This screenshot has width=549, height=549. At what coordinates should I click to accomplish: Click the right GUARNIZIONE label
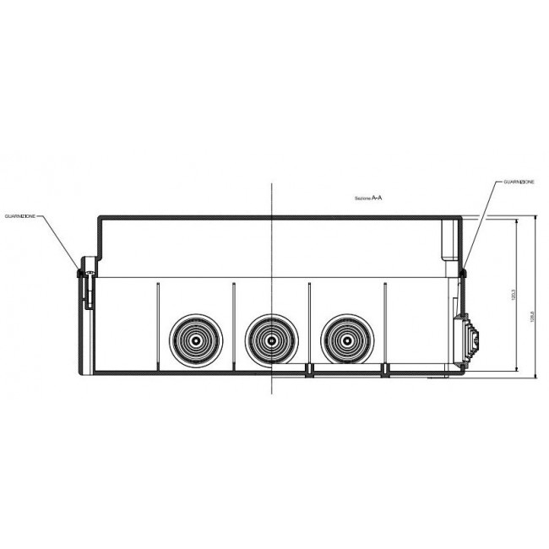[x=516, y=182]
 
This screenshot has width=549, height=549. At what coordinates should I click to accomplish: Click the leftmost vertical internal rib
[x=157, y=325]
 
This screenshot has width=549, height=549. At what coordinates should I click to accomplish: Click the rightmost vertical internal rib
[x=385, y=325]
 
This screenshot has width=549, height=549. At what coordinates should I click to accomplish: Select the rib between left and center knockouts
[x=233, y=325]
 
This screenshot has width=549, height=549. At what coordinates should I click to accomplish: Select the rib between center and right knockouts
[x=310, y=325]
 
